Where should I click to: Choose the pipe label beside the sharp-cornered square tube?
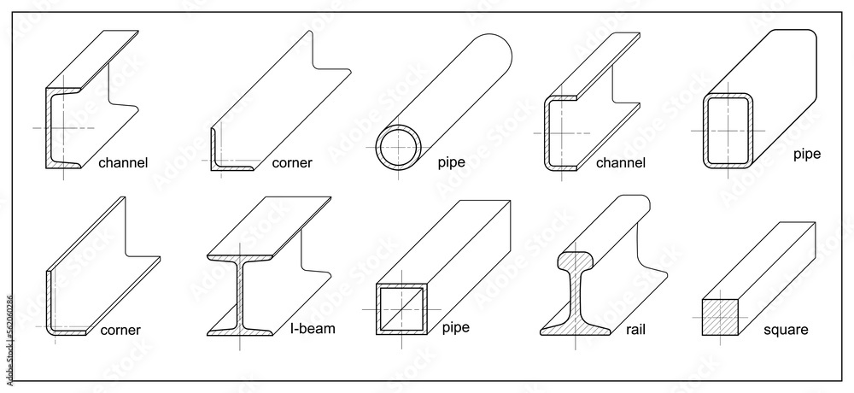[457, 326]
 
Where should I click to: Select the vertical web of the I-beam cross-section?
[241, 295]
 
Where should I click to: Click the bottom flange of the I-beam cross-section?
[241, 331]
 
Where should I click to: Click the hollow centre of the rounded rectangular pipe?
[727, 131]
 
